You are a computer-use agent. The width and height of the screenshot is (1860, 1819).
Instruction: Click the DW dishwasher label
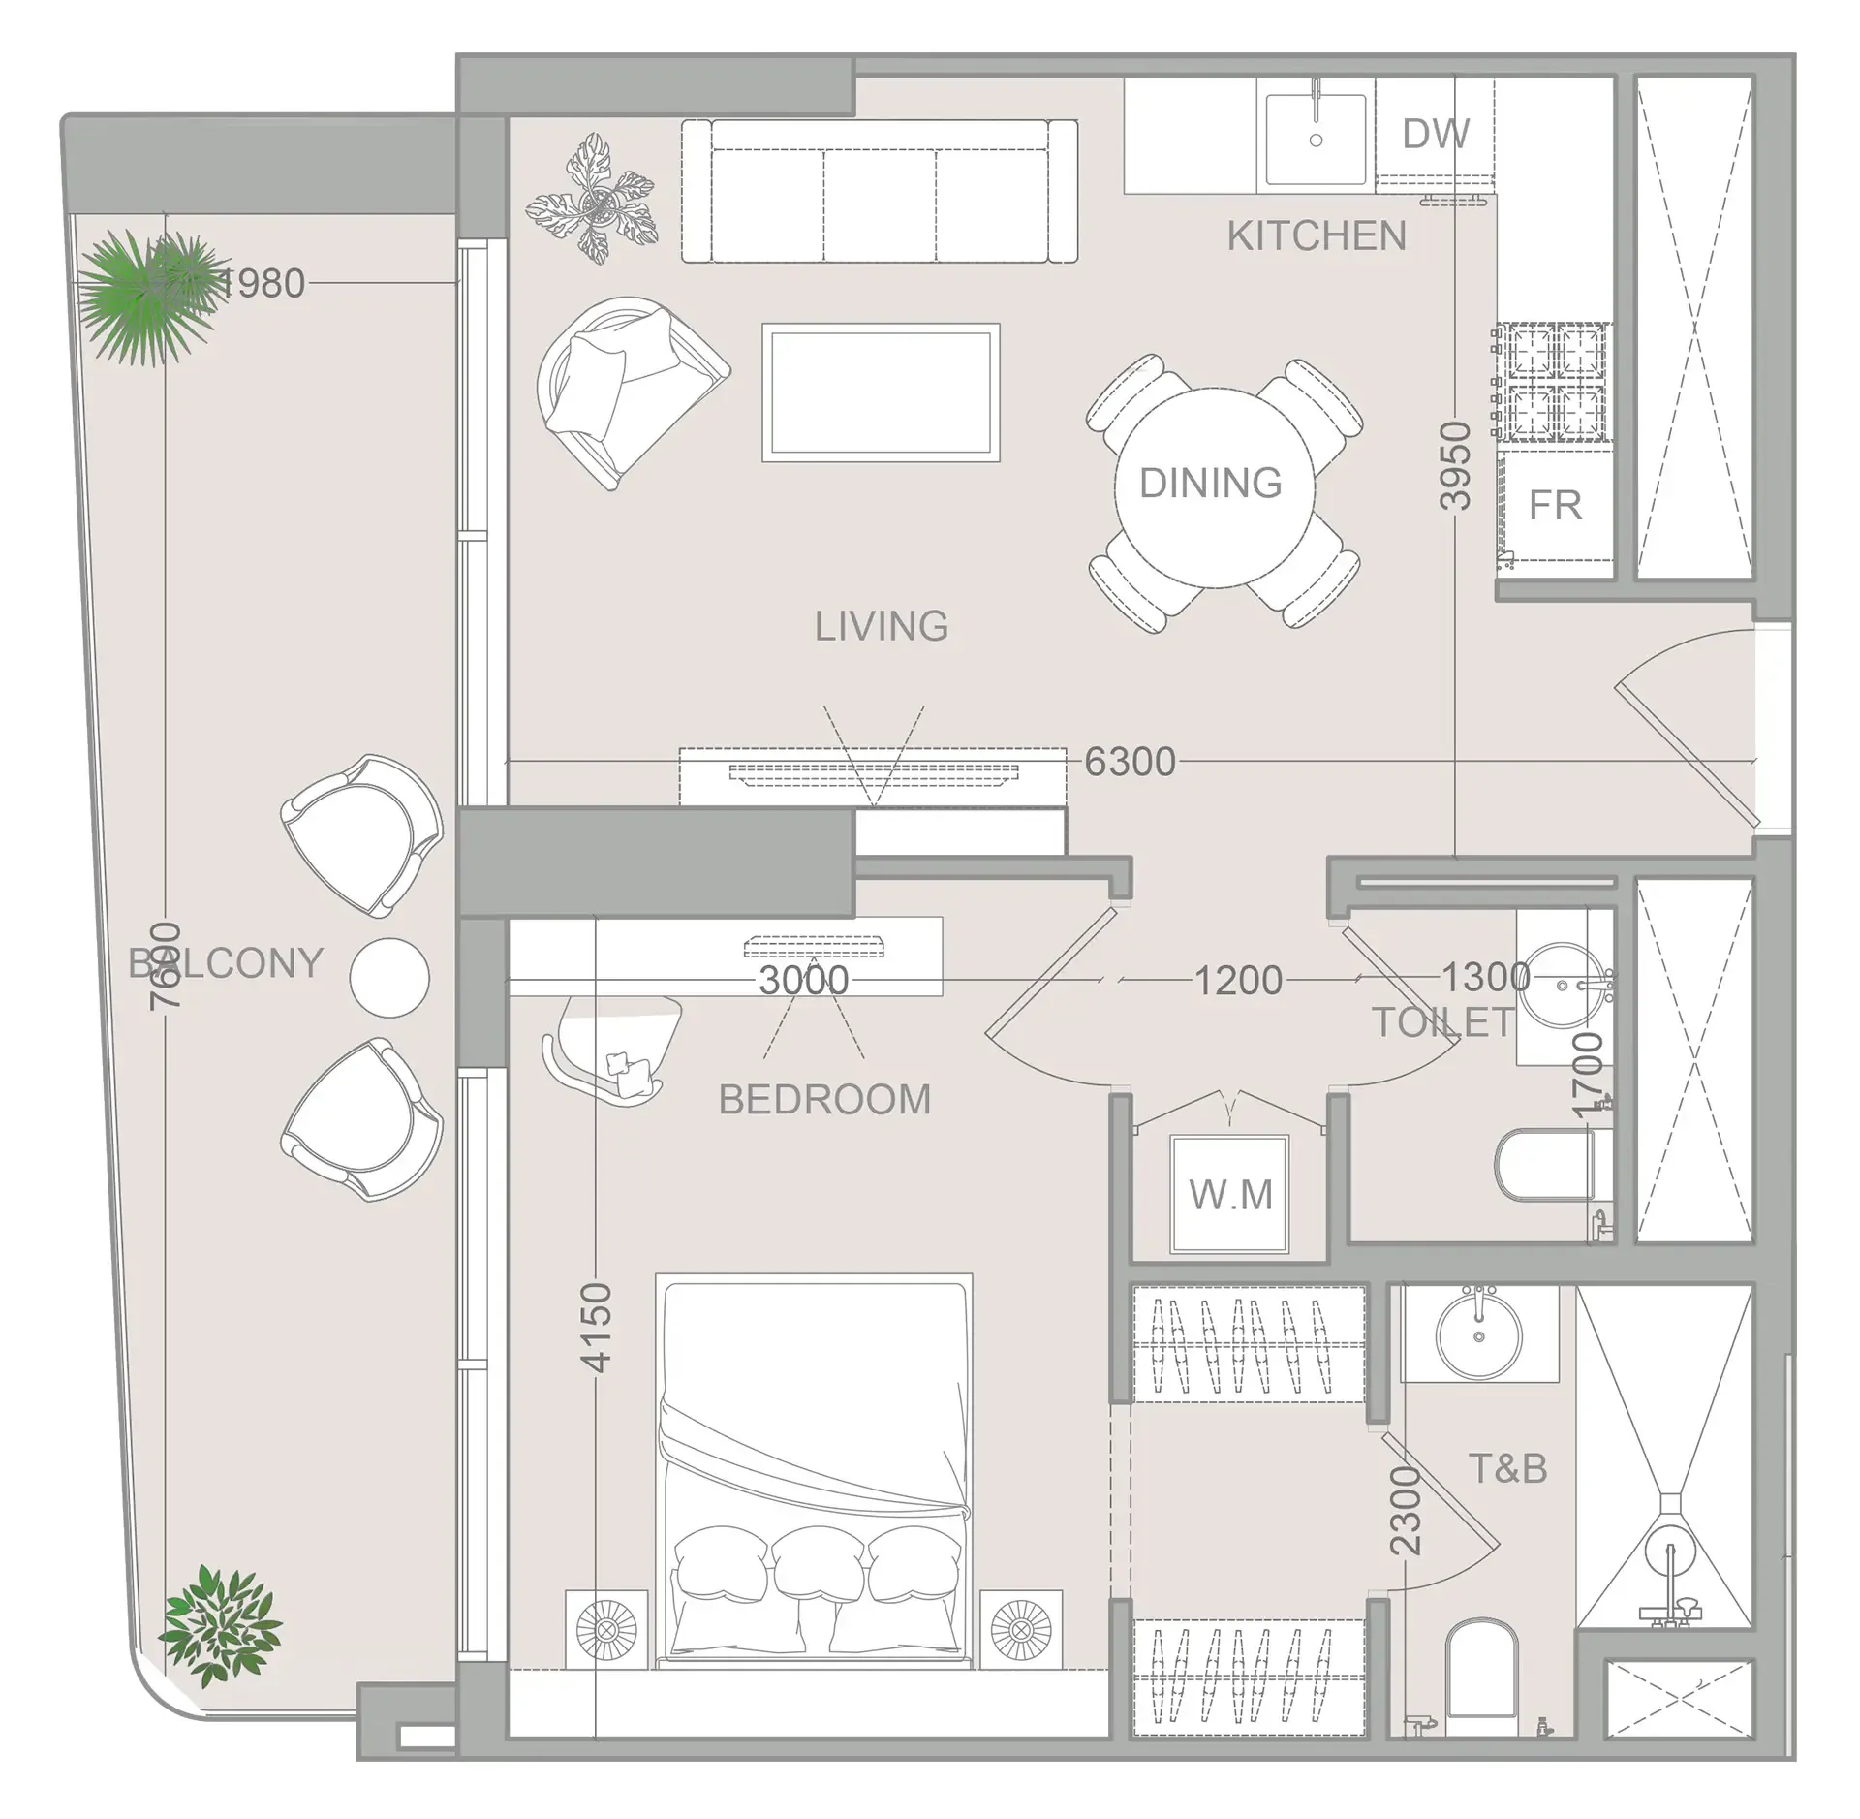(1435, 134)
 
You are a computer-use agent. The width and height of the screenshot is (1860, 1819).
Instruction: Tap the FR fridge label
(1555, 505)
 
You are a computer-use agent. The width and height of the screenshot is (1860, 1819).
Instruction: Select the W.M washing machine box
(1230, 1195)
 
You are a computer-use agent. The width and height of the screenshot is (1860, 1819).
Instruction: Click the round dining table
(1213, 486)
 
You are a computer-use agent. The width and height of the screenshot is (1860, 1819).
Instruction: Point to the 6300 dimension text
(1130, 762)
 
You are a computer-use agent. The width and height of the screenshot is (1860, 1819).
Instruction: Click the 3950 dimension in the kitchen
(1455, 466)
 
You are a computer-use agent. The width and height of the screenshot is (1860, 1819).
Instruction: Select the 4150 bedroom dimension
(596, 1327)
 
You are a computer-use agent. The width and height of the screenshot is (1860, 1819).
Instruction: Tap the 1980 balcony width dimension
(262, 283)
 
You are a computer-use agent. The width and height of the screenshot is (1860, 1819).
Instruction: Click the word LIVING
(881, 626)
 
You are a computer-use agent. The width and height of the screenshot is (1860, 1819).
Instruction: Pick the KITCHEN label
(1317, 235)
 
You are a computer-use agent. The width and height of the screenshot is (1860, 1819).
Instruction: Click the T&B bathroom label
(1507, 1469)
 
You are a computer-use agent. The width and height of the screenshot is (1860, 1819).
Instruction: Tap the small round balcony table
(388, 977)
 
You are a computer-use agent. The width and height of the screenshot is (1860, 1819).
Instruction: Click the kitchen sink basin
(1315, 138)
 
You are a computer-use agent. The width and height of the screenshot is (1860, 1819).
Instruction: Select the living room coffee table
(881, 392)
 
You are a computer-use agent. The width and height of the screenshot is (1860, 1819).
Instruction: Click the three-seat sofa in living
(879, 192)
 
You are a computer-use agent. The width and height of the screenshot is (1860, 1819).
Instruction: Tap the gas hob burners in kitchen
(1555, 384)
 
